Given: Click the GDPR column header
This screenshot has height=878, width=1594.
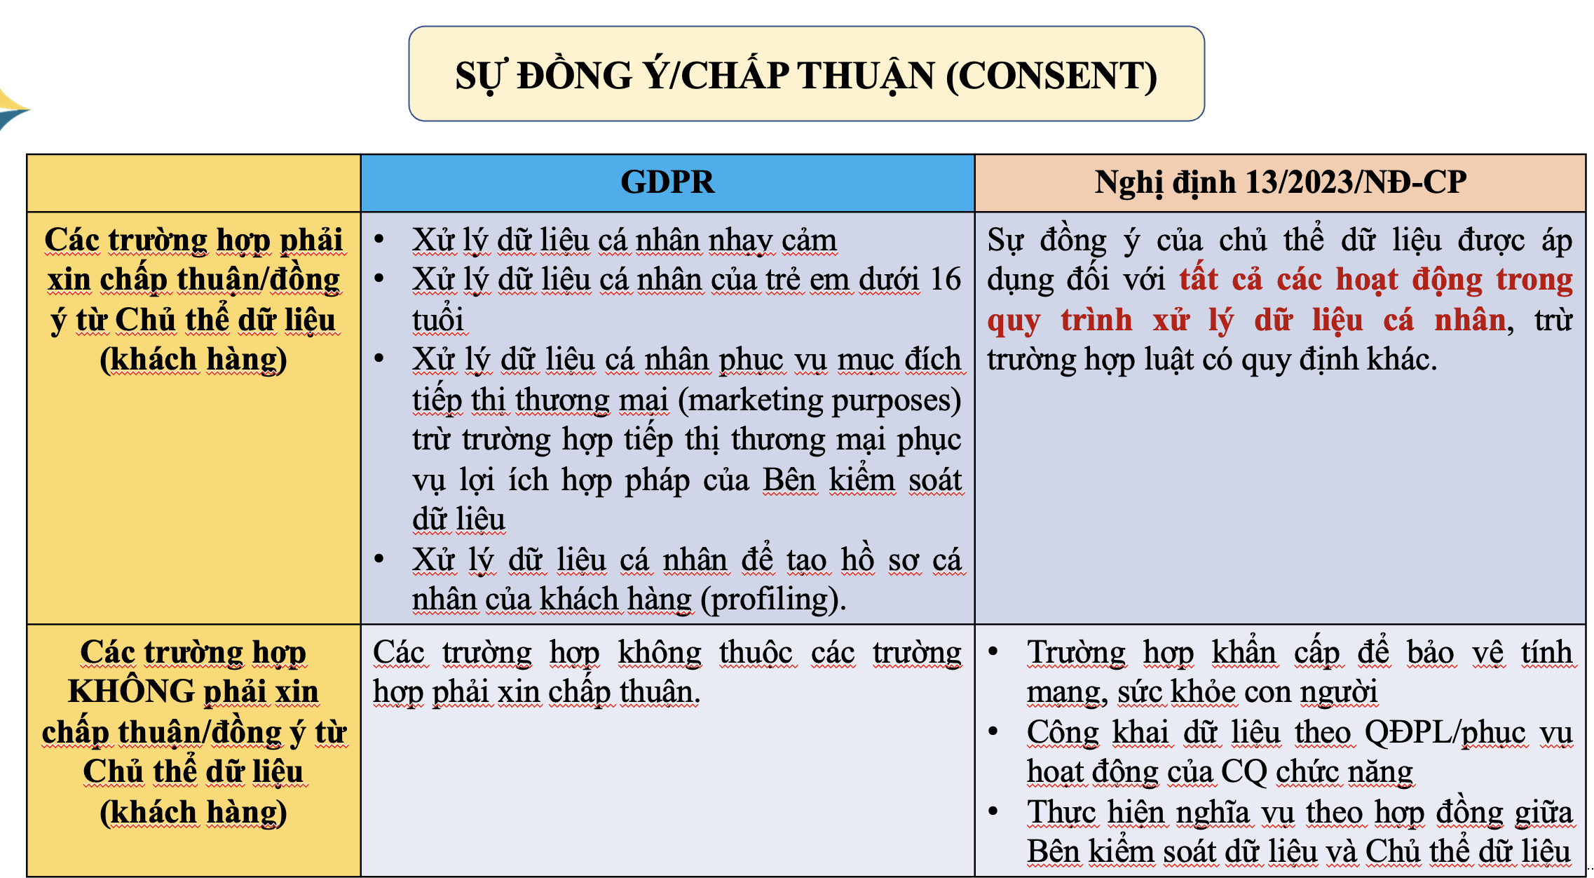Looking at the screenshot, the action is point(667,182).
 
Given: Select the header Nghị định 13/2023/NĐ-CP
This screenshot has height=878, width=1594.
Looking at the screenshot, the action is point(1280,182).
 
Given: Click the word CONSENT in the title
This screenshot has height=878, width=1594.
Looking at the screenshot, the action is point(1051,76).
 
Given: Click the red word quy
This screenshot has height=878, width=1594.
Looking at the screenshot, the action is point(1014,321).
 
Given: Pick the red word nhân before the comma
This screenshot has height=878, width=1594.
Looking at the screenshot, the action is point(1470,320).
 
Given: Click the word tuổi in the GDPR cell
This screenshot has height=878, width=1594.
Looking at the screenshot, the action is point(438,320).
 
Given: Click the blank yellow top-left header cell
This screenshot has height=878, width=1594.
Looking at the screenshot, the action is point(193,183).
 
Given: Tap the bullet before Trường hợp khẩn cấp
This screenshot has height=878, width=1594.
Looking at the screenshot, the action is point(993,651).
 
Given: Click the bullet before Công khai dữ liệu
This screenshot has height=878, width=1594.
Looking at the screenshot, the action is point(993,731).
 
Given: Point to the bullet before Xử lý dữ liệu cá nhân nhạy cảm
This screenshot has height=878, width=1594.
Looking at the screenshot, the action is point(379,239).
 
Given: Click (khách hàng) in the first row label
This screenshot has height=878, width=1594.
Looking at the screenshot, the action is point(193,360).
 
